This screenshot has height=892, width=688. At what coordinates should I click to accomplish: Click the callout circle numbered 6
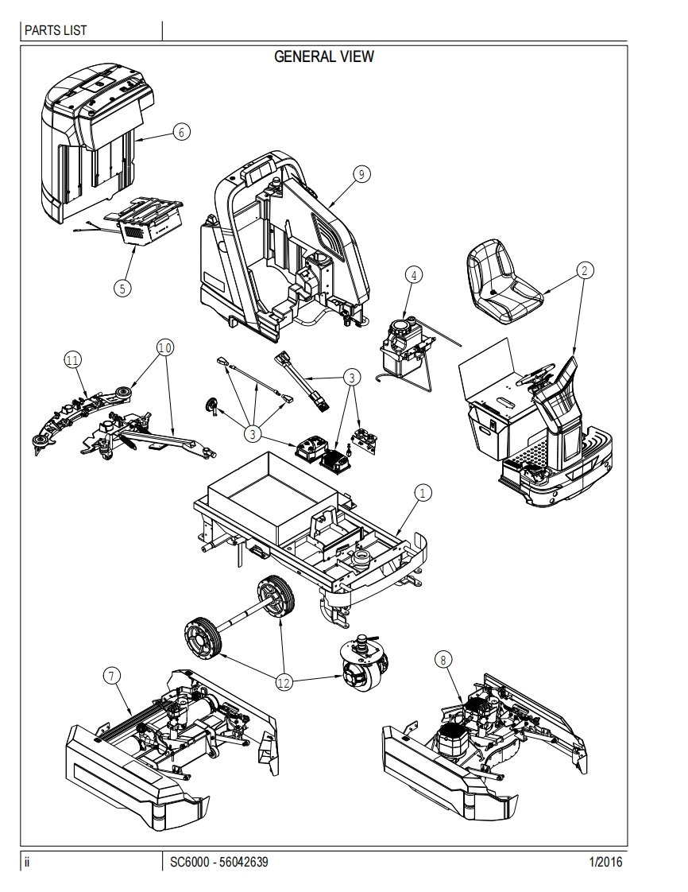[x=182, y=132]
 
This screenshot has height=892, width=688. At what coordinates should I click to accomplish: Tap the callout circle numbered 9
[x=362, y=175]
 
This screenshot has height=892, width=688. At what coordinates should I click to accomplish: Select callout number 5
[x=122, y=288]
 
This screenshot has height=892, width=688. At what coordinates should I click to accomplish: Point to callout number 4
[x=412, y=275]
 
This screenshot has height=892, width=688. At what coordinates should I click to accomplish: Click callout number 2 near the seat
[x=584, y=270]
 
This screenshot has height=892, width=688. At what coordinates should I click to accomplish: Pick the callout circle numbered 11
[x=72, y=360]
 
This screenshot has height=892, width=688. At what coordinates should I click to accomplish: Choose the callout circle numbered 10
[x=164, y=347]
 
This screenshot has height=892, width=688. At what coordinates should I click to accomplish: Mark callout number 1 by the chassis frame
[x=423, y=493]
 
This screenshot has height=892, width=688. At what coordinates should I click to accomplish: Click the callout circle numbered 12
[x=284, y=681]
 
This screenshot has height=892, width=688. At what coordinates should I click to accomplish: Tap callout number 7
[x=112, y=676]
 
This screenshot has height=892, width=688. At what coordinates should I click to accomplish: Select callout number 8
[x=443, y=658]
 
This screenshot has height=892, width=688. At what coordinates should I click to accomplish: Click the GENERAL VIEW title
[x=323, y=56]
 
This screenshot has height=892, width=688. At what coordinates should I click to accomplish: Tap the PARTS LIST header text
[x=56, y=31]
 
